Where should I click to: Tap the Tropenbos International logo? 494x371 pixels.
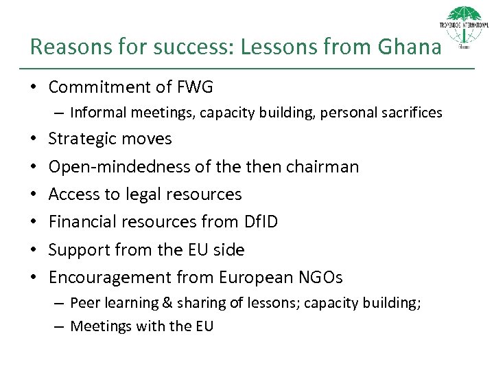(x=464, y=27)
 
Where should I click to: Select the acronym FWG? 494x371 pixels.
(x=195, y=87)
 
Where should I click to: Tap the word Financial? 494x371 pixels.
(x=81, y=222)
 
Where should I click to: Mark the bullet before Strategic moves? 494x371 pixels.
(x=34, y=139)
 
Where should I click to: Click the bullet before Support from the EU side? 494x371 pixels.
(x=34, y=250)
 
